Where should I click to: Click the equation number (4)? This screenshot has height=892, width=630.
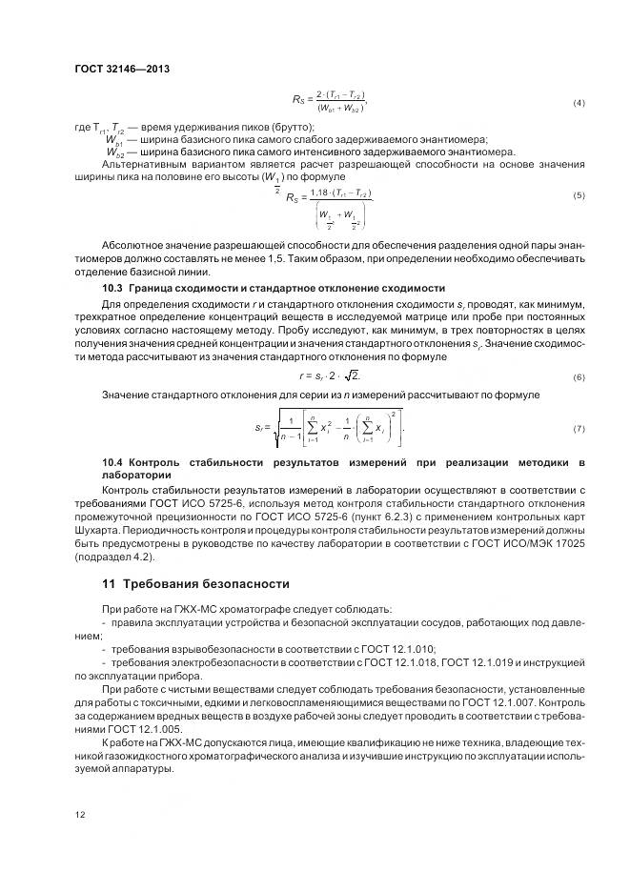click(x=579, y=102)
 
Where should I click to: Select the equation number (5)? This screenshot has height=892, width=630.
click(x=579, y=195)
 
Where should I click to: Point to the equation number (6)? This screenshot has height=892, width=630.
click(x=579, y=378)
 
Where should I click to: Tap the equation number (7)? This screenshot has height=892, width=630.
click(x=579, y=429)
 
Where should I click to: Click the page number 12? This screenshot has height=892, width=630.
click(x=79, y=815)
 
